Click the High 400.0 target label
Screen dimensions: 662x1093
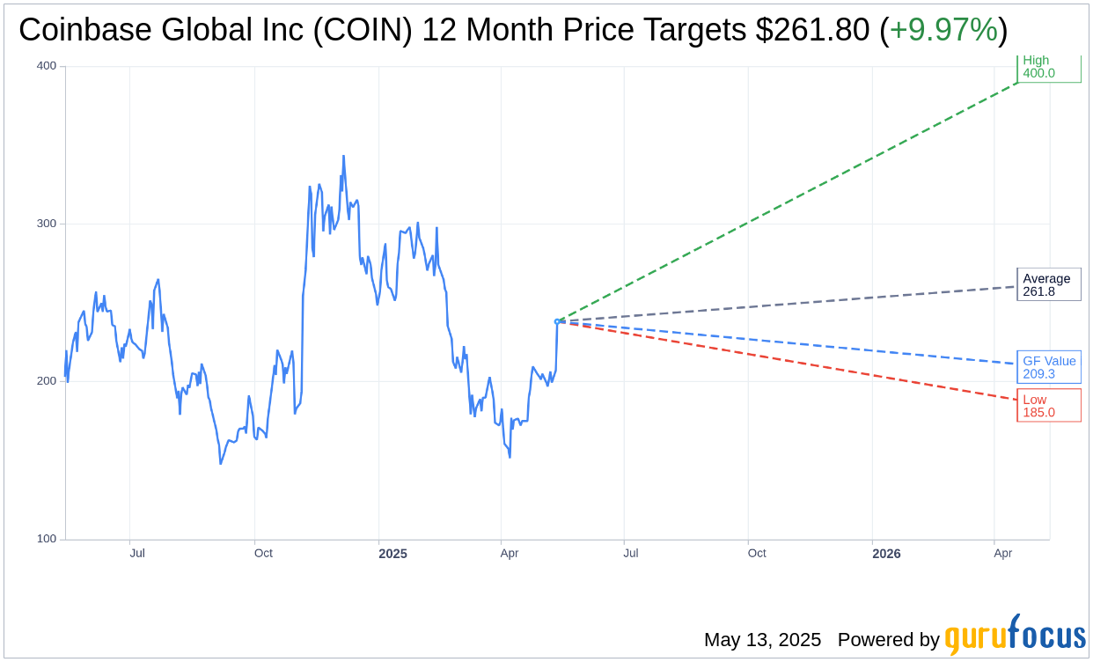(x=1048, y=67)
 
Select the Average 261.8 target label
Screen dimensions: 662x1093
(x=1048, y=284)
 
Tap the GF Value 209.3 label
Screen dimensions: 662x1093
(x=1048, y=367)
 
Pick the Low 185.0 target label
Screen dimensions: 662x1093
(x=1048, y=406)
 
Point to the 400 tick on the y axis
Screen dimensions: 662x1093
(x=46, y=66)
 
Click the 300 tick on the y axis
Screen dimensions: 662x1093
(x=46, y=224)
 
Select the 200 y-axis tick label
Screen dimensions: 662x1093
(x=46, y=381)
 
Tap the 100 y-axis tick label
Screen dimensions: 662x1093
(x=46, y=539)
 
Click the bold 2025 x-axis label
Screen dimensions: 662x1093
(x=392, y=554)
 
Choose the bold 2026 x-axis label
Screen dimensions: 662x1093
(x=886, y=554)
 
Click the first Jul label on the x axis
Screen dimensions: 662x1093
(x=137, y=554)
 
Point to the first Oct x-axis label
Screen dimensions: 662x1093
(x=263, y=554)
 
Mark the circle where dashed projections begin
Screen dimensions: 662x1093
(x=557, y=321)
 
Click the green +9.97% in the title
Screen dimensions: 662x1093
(x=943, y=30)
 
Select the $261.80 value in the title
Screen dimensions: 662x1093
(x=813, y=30)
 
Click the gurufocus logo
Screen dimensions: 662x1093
(x=1015, y=636)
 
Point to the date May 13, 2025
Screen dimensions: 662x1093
(x=762, y=640)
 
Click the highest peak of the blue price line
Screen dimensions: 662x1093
(x=343, y=157)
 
